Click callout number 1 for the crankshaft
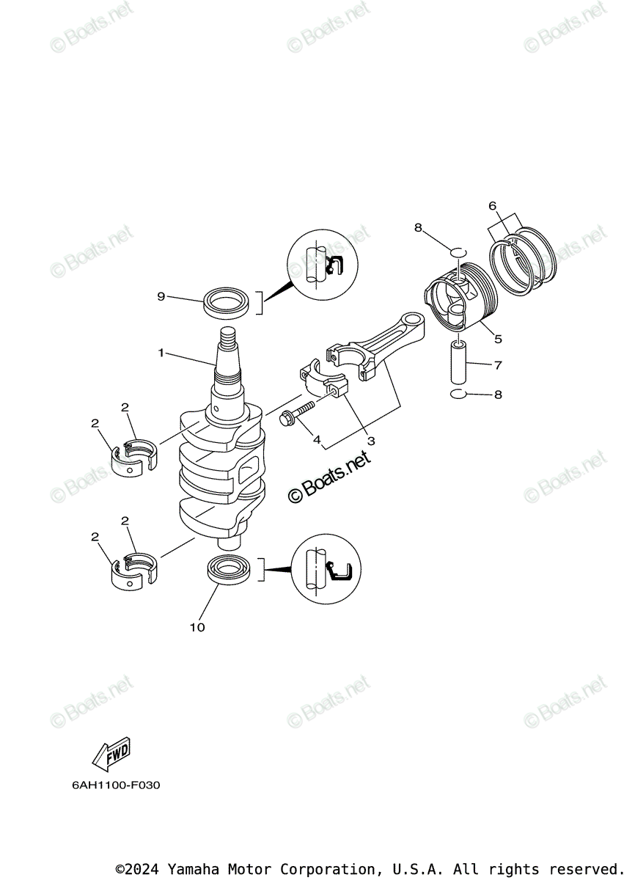(x=161, y=353)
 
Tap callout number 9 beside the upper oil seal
(x=161, y=296)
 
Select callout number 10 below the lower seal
(x=197, y=627)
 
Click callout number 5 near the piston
(x=498, y=338)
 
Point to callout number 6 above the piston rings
(x=493, y=205)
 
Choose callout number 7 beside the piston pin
(x=498, y=364)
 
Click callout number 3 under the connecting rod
(x=371, y=441)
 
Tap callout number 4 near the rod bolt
(x=317, y=440)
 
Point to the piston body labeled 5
(x=460, y=304)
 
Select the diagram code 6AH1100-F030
(x=116, y=785)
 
